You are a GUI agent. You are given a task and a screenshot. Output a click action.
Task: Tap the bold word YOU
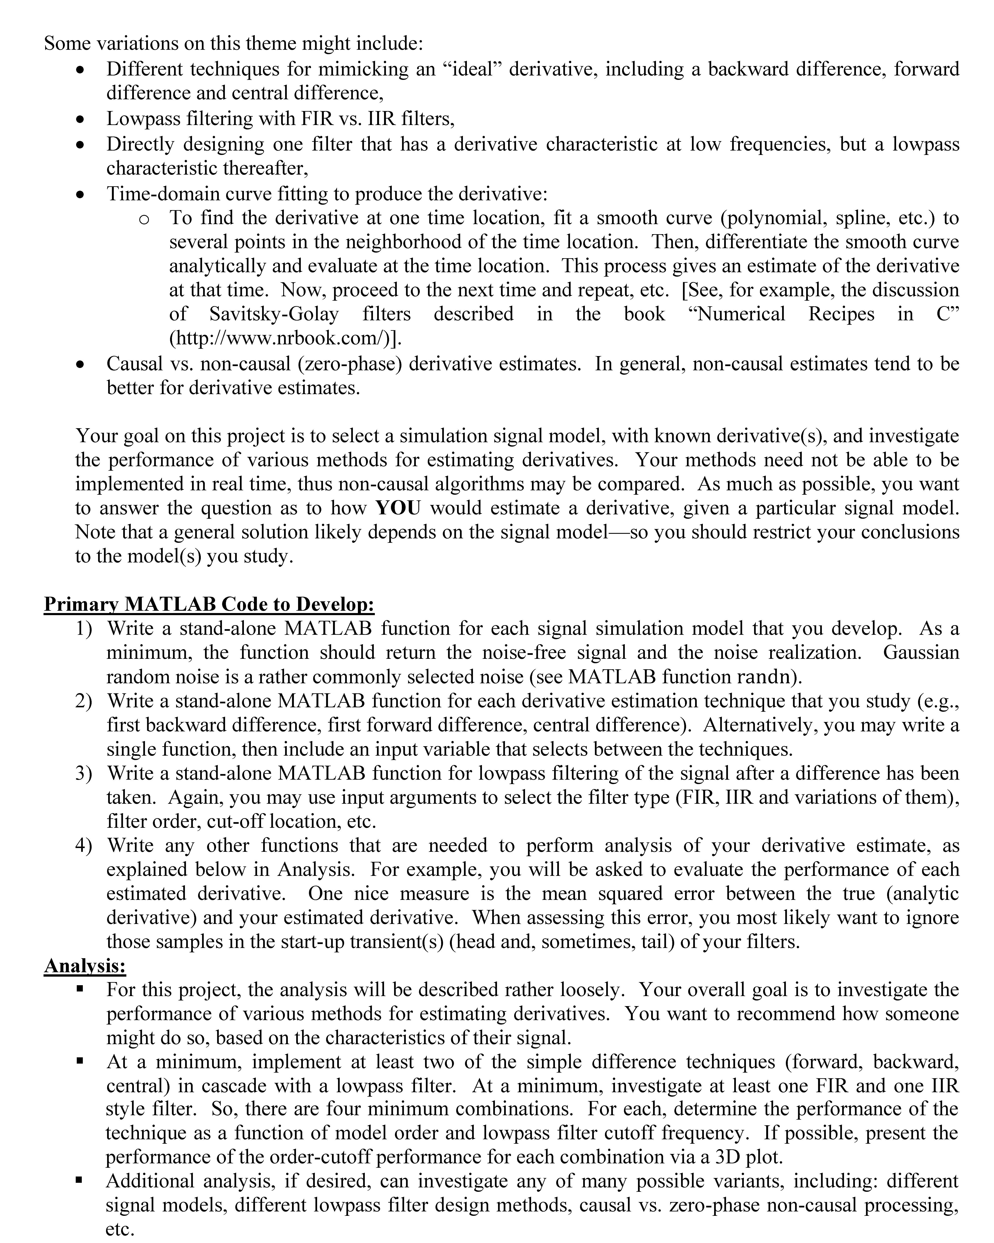(398, 508)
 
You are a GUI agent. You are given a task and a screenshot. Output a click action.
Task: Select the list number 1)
(84, 629)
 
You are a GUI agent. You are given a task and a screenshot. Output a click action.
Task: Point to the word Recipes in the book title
(840, 314)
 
